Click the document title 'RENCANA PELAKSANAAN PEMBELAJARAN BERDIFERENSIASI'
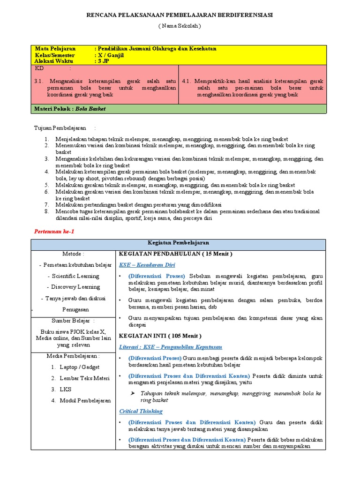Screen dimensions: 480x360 pyautogui.click(x=180, y=15)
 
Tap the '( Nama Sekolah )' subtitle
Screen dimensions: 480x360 pyautogui.click(x=180, y=26)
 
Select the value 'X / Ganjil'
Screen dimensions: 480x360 pyautogui.click(x=111, y=55)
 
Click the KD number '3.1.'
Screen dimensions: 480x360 pyautogui.click(x=39, y=81)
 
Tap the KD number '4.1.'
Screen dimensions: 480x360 pyautogui.click(x=186, y=81)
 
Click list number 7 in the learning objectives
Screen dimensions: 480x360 pyautogui.click(x=47, y=205)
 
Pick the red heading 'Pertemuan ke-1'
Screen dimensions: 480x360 pyautogui.click(x=55, y=232)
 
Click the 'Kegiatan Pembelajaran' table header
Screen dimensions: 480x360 pyautogui.click(x=178, y=243)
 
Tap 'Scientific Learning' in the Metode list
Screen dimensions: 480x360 pyautogui.click(x=75, y=276)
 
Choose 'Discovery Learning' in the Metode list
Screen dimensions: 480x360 pyautogui.click(x=75, y=287)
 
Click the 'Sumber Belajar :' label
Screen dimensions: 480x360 pyautogui.click(x=73, y=321)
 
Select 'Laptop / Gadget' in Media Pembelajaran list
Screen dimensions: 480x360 pyautogui.click(x=80, y=367)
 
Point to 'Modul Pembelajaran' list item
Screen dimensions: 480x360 pyautogui.click(x=85, y=400)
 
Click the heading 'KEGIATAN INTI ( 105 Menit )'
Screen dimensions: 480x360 pyautogui.click(x=160, y=336)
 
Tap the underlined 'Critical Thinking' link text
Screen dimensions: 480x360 pyautogui.click(x=141, y=411)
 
